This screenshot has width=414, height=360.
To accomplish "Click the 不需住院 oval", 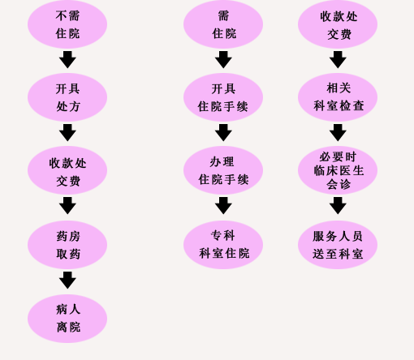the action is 67,24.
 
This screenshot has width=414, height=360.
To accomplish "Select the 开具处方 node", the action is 67,97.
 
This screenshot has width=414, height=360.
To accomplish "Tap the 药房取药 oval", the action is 67,245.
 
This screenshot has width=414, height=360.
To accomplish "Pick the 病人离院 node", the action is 67,319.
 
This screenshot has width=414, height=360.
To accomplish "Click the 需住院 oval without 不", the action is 223,24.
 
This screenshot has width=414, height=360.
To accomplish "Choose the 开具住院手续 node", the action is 223,97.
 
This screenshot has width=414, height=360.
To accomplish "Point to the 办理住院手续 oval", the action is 223,170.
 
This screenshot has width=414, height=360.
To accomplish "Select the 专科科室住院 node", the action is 223,245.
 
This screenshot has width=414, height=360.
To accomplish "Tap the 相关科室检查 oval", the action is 338,97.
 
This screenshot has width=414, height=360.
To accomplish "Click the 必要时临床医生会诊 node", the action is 338,170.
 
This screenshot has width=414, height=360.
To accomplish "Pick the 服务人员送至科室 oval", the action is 338,245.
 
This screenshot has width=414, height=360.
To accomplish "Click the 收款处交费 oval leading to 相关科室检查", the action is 338,24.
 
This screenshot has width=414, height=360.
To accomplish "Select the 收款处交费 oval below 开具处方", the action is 67,170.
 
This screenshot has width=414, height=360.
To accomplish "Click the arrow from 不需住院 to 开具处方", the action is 67,60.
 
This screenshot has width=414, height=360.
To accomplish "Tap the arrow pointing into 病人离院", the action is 67,281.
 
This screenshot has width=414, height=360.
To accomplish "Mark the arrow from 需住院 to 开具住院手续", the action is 223,60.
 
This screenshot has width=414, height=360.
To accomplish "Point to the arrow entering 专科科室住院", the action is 223,206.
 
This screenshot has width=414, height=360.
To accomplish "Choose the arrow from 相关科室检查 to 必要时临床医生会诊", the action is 338,133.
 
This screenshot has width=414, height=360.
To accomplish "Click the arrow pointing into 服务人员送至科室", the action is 338,206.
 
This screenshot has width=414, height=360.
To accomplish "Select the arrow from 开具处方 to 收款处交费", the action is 67,133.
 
